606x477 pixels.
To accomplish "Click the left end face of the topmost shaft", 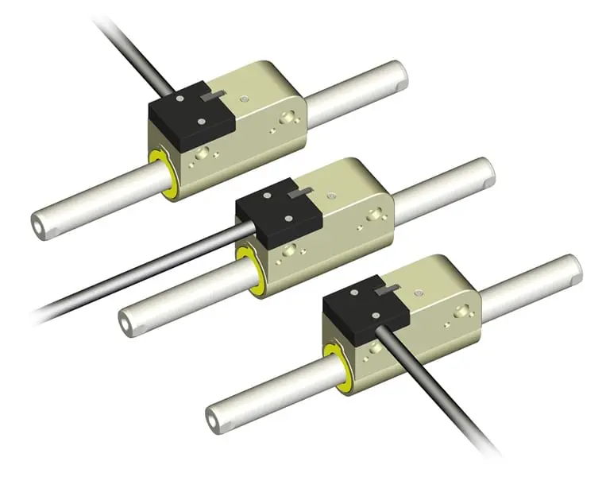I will click(x=39, y=226).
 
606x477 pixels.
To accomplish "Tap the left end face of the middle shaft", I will click(x=126, y=322).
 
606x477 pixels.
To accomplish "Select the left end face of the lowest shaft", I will click(x=214, y=415).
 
